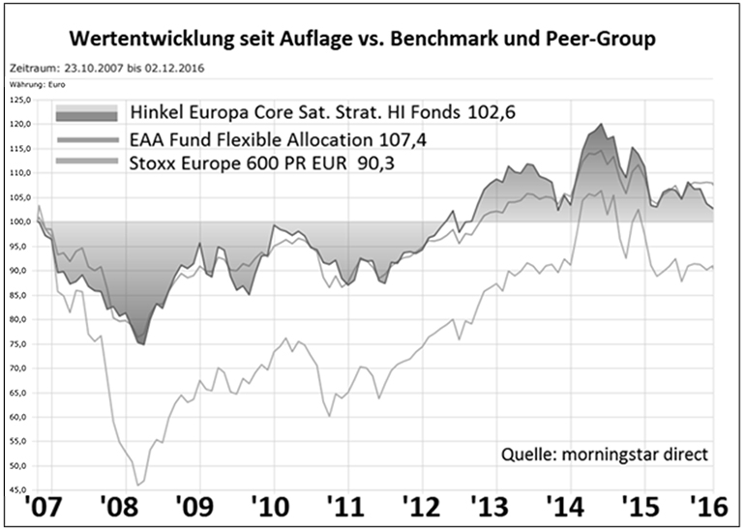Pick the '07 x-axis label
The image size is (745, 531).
(31, 506)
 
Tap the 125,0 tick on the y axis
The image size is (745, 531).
(20, 100)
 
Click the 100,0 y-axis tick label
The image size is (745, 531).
(20, 221)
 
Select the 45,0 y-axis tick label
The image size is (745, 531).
(20, 489)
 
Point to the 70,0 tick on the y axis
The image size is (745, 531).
(20, 368)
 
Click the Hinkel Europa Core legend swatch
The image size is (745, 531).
(87, 112)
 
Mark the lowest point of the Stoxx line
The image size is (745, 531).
(139, 484)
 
